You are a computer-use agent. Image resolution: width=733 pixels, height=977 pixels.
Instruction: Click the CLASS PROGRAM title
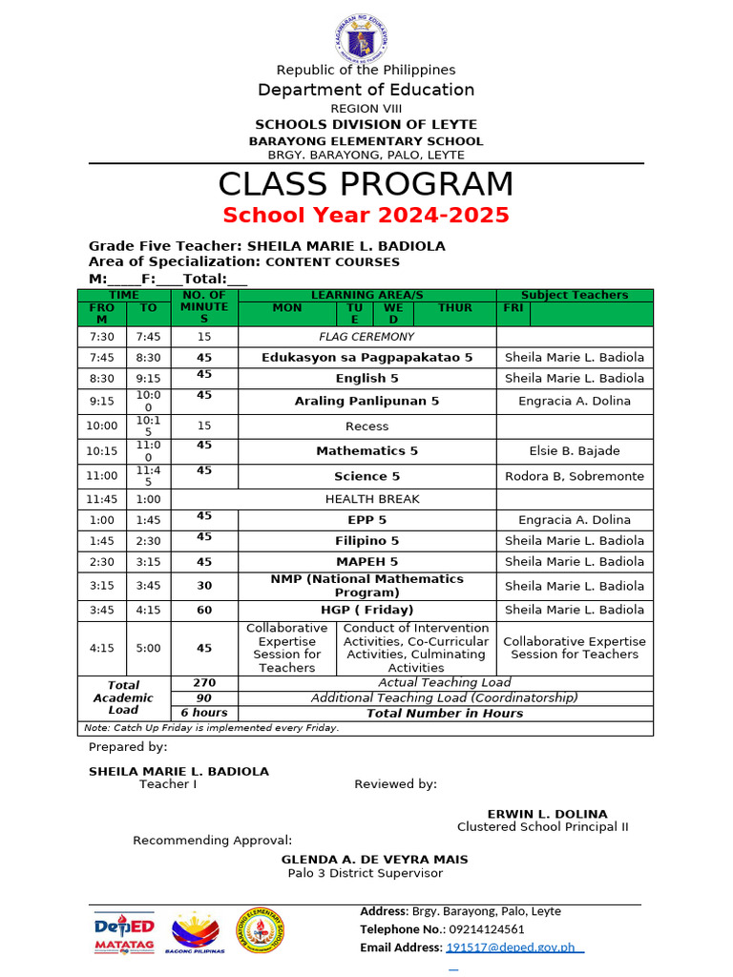tap(366, 184)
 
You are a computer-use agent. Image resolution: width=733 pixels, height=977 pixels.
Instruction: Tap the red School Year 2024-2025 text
tap(366, 215)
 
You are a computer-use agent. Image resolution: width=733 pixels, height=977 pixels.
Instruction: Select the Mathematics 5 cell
tap(366, 450)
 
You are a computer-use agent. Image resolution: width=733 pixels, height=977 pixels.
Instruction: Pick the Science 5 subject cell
tap(366, 476)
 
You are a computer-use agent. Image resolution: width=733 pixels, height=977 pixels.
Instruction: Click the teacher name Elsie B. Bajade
tap(574, 450)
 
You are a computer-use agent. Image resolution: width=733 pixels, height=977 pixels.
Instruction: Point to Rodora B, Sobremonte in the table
tap(574, 476)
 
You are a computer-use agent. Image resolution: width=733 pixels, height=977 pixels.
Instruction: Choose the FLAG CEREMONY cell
tap(366, 337)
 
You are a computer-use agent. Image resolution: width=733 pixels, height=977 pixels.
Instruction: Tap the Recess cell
tap(366, 426)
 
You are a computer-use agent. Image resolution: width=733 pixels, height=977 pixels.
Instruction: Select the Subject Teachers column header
tap(574, 296)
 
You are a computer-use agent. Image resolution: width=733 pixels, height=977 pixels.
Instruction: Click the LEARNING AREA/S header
tap(366, 296)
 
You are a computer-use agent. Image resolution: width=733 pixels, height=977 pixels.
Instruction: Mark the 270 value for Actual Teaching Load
tap(204, 683)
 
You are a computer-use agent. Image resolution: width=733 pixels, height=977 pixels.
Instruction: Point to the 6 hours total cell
tap(204, 713)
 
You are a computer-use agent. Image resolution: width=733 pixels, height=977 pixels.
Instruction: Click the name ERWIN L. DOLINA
tap(547, 814)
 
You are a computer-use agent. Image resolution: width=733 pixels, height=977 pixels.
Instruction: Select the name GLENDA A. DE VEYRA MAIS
tap(374, 860)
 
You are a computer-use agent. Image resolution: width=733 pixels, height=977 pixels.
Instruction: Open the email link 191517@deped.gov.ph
tap(510, 947)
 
